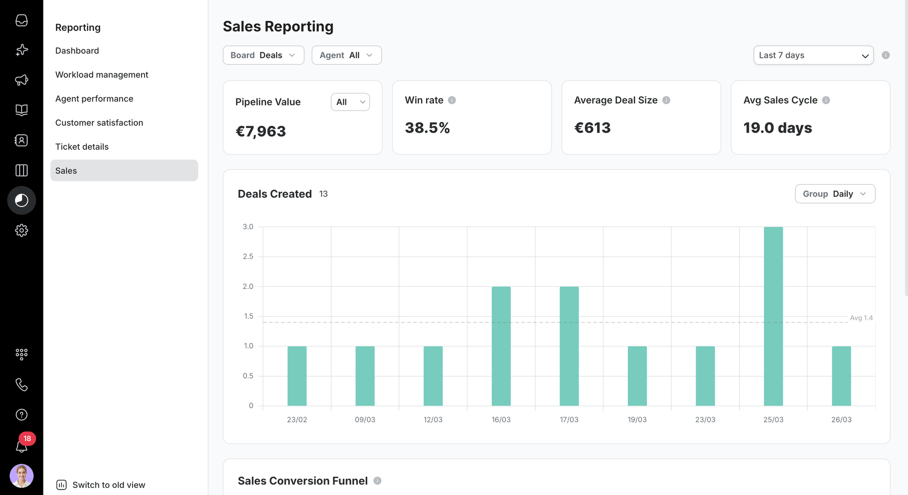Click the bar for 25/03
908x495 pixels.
point(773,316)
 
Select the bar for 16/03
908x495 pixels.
point(501,346)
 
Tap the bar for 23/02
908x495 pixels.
point(297,376)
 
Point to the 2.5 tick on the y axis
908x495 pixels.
point(248,257)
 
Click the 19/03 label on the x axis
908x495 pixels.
point(637,420)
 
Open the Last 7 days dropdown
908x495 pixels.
point(814,55)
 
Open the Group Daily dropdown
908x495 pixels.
point(835,194)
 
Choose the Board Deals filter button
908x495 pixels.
point(263,55)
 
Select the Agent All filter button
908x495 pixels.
point(347,55)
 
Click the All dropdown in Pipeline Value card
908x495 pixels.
point(350,102)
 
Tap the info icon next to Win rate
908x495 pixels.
point(452,100)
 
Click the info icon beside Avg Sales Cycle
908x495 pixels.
point(826,100)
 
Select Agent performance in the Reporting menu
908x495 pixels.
point(94,99)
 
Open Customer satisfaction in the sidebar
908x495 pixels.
point(99,123)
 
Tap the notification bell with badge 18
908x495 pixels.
point(22,445)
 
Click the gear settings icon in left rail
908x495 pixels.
point(22,230)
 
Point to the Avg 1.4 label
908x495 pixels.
point(861,318)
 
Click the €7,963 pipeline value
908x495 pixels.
point(261,131)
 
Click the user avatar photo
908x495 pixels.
point(22,476)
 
